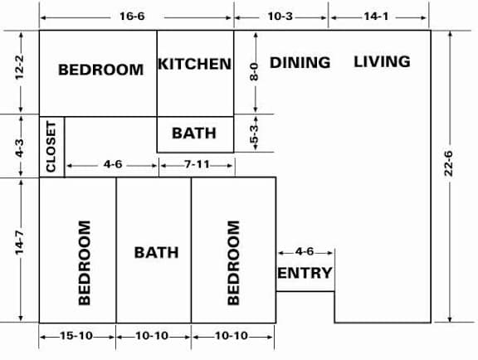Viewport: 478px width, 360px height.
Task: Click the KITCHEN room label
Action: click(x=195, y=64)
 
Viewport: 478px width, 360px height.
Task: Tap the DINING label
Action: click(x=300, y=62)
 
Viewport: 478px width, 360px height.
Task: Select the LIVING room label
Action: click(x=382, y=61)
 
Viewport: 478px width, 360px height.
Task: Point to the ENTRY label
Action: click(x=305, y=273)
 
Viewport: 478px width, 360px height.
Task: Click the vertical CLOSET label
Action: click(x=51, y=147)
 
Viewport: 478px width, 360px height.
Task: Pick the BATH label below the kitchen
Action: click(x=194, y=133)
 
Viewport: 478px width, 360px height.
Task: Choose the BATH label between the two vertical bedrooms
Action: click(x=156, y=251)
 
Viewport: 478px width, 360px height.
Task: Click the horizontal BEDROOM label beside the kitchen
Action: click(x=100, y=70)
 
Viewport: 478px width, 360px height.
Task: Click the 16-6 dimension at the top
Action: click(x=138, y=17)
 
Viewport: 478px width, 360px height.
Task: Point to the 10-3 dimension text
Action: click(x=282, y=17)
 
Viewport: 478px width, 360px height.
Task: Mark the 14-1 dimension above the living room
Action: click(x=379, y=17)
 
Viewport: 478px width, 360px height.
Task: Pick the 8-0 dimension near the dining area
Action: click(x=256, y=72)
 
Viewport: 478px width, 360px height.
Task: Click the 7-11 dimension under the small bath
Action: click(x=197, y=165)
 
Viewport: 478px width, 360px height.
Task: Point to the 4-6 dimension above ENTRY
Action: click(x=305, y=251)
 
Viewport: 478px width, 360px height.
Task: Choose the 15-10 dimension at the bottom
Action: click(x=77, y=336)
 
